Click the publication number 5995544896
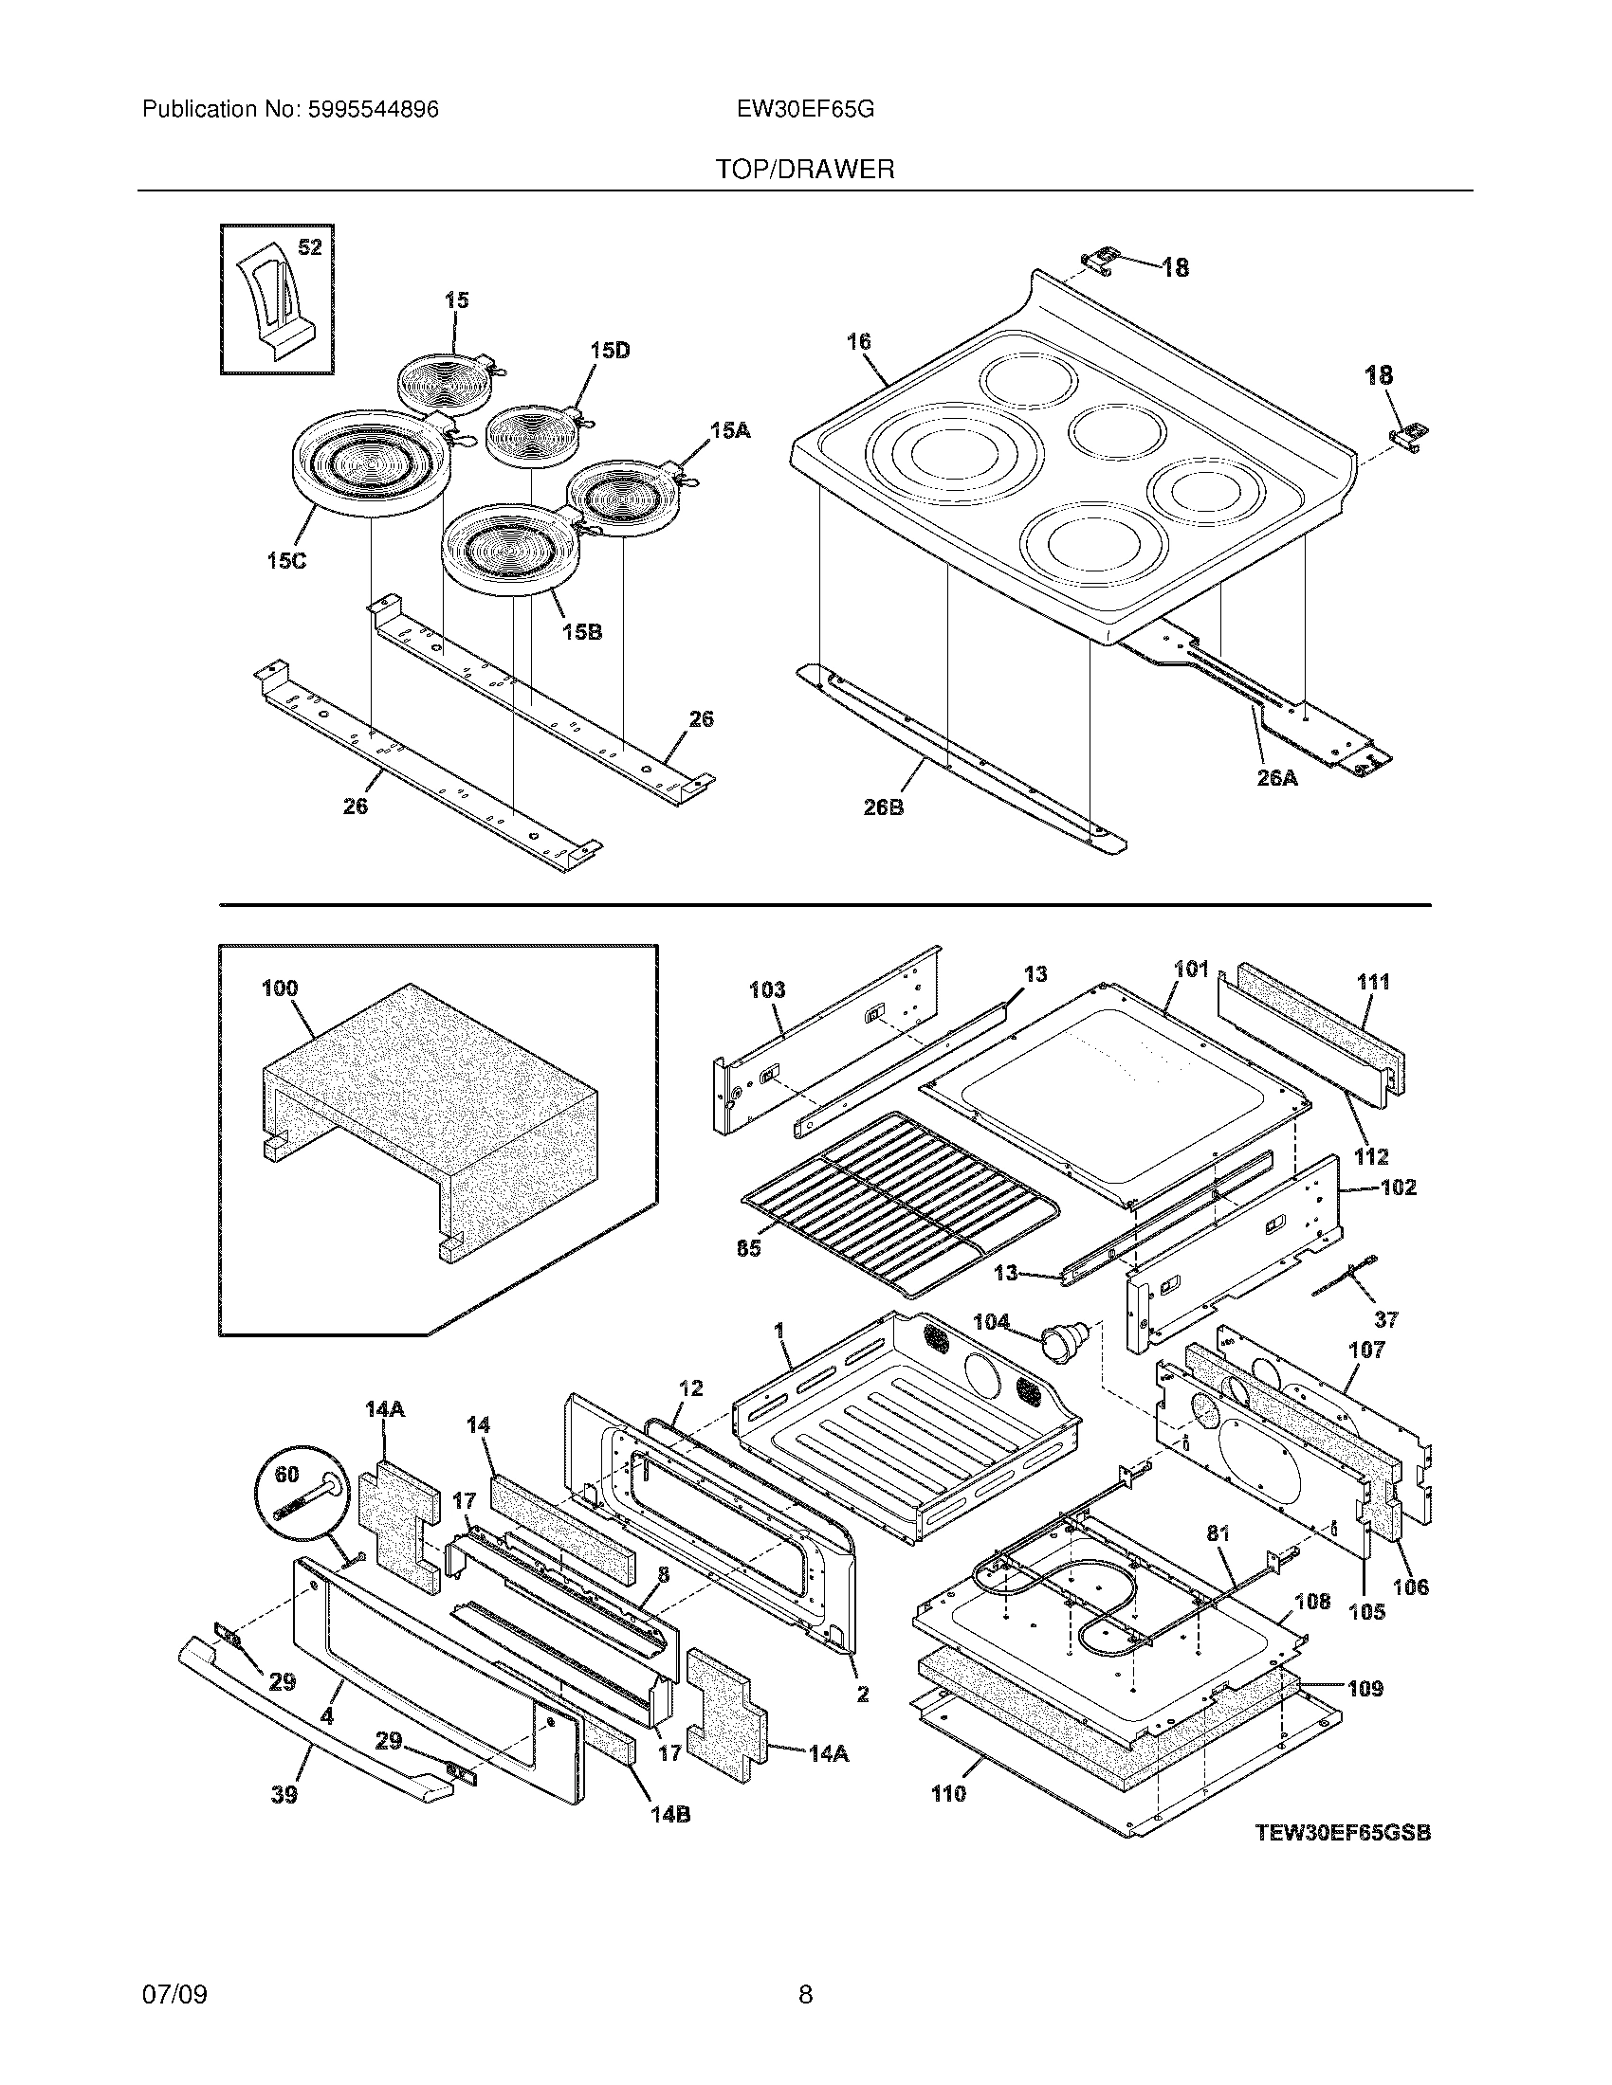[373, 110]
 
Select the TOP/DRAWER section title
[805, 170]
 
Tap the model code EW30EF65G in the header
[805, 110]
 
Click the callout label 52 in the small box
[309, 247]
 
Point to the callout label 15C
[286, 561]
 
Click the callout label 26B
[884, 807]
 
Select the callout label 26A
[1277, 777]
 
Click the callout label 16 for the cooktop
[858, 341]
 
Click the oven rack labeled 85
[898, 1203]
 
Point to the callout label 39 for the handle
[284, 1795]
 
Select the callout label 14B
[670, 1815]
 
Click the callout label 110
[948, 1794]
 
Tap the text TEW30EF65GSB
[1343, 1832]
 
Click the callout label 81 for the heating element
[1218, 1534]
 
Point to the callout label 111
[1373, 982]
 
